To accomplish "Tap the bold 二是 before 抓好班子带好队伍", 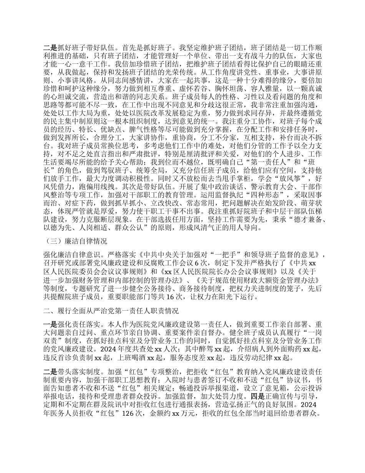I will pyautogui.click(x=50, y=49).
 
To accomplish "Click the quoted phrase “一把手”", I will pyautogui.click(x=226, y=254).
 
